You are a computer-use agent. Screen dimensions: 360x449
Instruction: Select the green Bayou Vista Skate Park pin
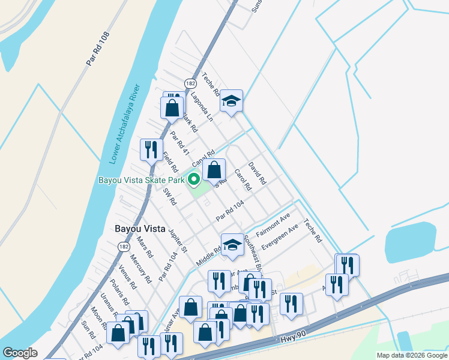tap(194, 179)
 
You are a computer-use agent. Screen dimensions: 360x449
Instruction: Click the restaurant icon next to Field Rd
tap(151, 149)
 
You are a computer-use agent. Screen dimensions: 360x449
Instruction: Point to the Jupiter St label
tap(178, 239)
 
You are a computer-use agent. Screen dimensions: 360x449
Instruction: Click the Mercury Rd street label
tap(140, 271)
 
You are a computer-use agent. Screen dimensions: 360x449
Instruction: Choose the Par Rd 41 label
tap(179, 143)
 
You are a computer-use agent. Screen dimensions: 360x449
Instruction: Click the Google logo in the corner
tap(20, 353)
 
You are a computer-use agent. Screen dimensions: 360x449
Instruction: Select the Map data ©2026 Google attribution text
tap(411, 355)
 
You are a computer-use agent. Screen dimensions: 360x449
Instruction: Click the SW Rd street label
tap(169, 197)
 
